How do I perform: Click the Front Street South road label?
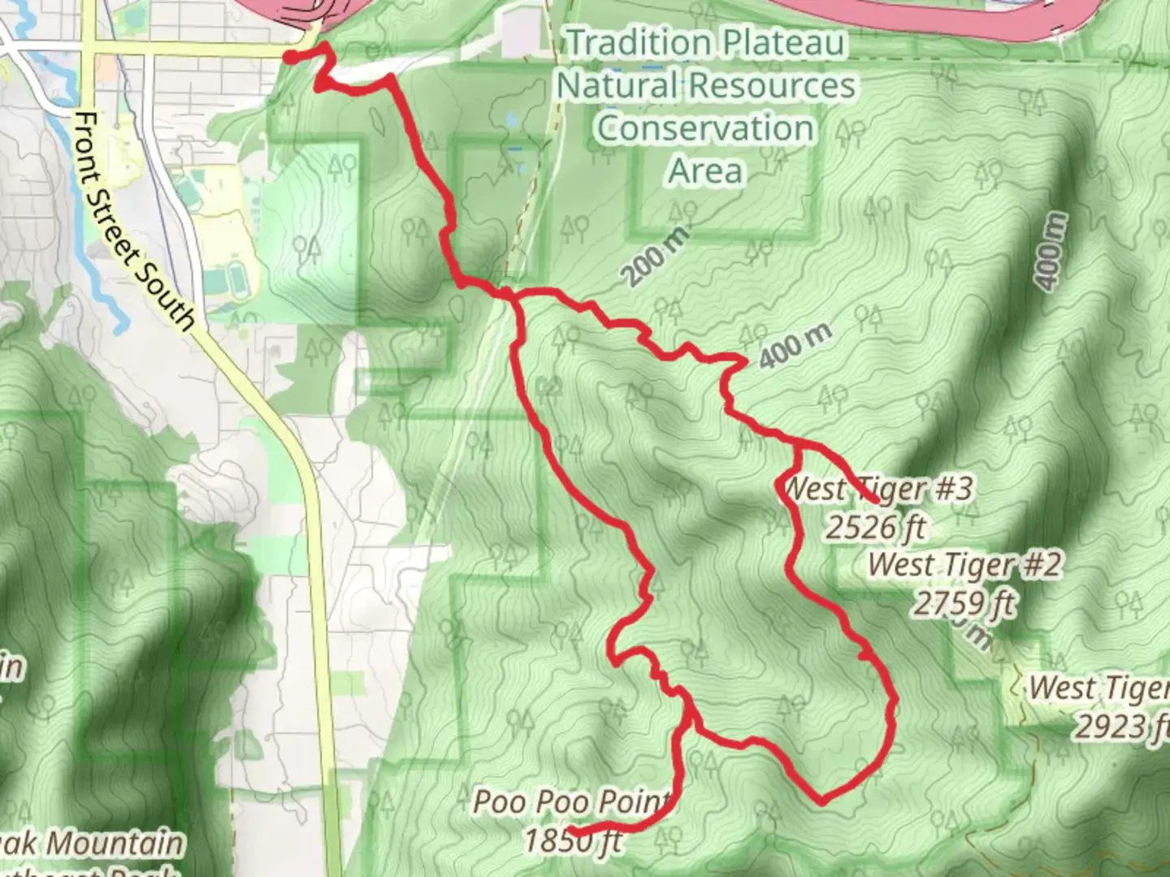click(x=133, y=222)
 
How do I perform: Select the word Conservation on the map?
click(x=705, y=128)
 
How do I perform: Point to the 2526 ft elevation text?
click(x=876, y=527)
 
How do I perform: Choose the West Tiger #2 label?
click(x=964, y=564)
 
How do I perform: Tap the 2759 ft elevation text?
click(x=964, y=603)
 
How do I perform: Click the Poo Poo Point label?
click(x=573, y=802)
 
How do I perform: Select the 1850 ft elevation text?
click(x=573, y=840)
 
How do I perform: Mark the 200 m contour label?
click(x=656, y=257)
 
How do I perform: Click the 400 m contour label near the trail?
click(x=795, y=345)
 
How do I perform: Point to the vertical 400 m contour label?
click(x=1051, y=251)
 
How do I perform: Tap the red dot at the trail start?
click(x=290, y=56)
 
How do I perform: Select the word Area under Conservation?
click(x=705, y=171)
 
